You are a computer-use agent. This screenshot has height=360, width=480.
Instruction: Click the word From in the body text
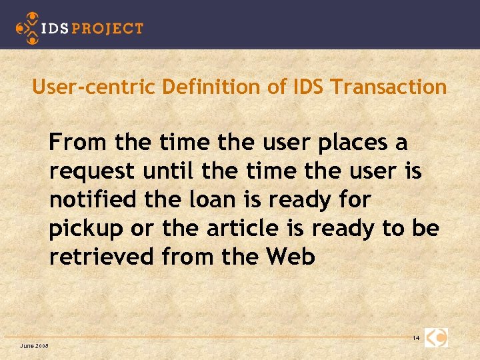pyautogui.click(x=79, y=143)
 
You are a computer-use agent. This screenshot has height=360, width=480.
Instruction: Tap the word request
pyautogui.click(x=91, y=172)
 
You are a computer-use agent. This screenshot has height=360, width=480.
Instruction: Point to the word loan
pyautogui.click(x=205, y=200)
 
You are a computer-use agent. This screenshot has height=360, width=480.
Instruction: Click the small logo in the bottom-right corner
pyautogui.click(x=437, y=337)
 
